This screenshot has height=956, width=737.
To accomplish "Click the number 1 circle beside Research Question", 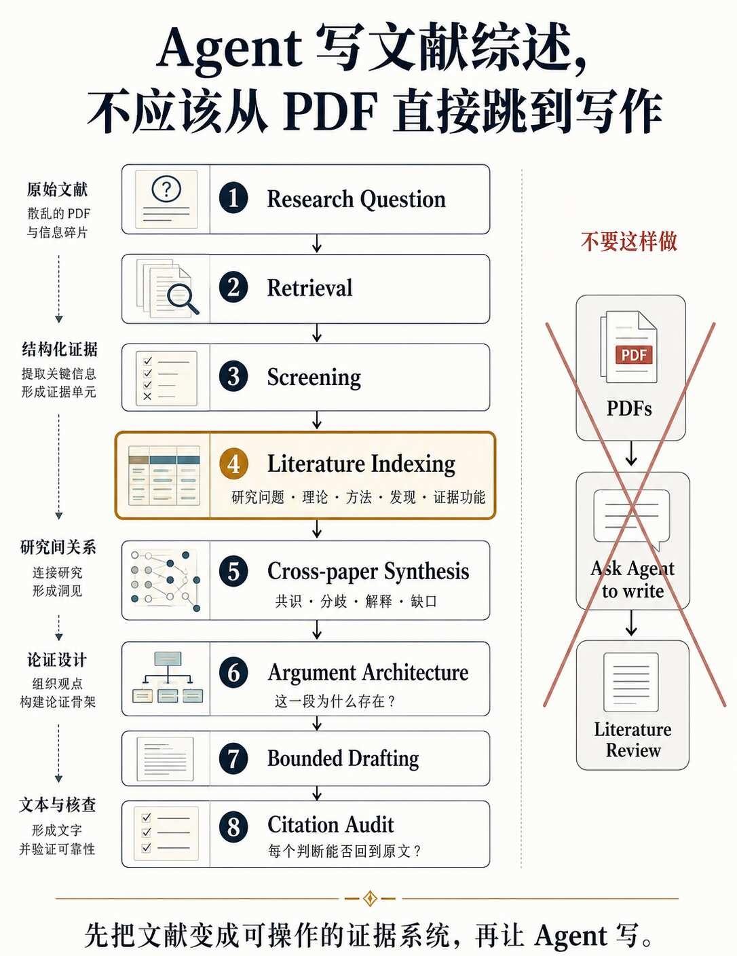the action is click(233, 198).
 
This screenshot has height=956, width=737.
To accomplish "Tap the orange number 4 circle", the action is click(233, 464).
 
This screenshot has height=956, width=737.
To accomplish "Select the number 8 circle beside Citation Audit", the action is click(233, 826).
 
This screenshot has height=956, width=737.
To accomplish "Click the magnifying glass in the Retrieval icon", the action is click(183, 298).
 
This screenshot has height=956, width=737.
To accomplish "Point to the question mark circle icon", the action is click(166, 189).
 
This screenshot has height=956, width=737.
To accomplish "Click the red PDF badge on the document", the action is click(633, 354).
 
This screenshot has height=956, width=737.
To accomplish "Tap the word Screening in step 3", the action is click(314, 377).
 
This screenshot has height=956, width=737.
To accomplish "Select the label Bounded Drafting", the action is click(343, 758).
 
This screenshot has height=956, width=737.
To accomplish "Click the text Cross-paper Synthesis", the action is click(368, 571).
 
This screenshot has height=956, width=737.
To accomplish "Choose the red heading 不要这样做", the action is click(629, 242).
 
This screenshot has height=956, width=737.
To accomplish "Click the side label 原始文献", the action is click(57, 189).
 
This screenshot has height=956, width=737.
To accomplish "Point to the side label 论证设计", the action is click(57, 660).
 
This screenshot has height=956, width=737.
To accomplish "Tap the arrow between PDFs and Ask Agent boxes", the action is click(631, 453).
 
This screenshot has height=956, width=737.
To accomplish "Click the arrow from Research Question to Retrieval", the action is click(317, 243).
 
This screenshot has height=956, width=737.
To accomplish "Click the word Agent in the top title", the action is click(229, 51).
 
